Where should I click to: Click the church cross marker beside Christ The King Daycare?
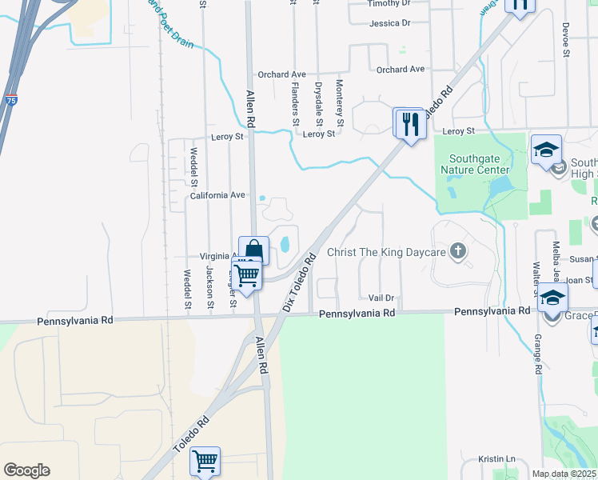(457, 252)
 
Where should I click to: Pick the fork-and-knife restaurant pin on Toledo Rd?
(409, 124)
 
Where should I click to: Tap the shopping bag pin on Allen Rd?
(253, 251)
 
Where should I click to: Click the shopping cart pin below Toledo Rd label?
(205, 462)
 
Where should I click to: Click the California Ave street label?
(217, 195)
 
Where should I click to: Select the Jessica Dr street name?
(389, 24)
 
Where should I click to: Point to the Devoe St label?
(564, 39)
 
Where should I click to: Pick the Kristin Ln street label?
(496, 459)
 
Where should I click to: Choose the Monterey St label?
(340, 103)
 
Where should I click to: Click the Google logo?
(26, 470)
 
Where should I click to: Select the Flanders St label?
(295, 103)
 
